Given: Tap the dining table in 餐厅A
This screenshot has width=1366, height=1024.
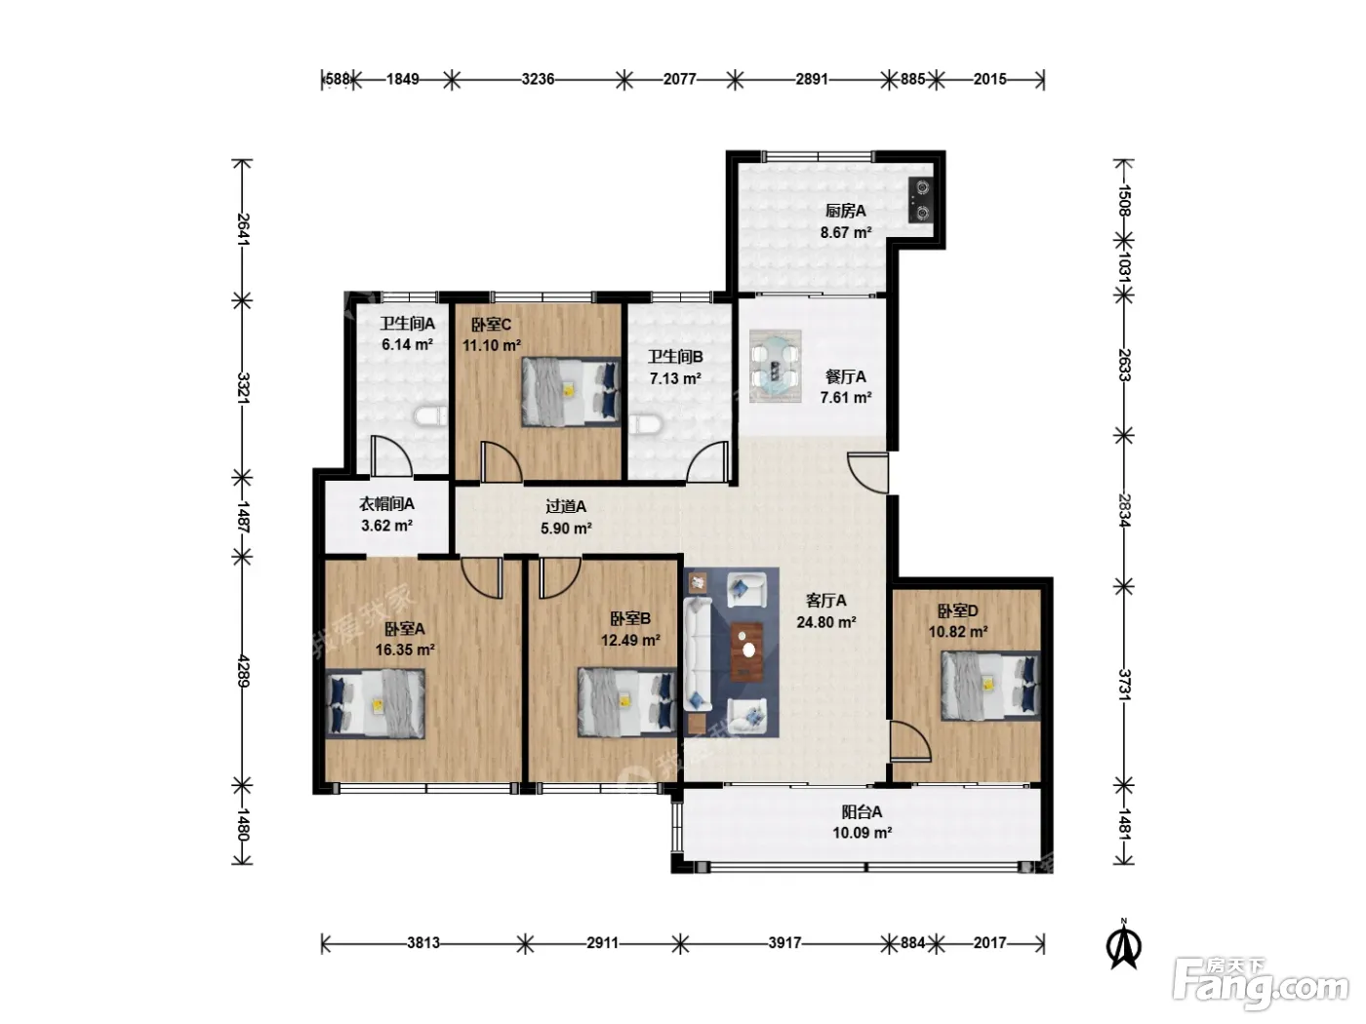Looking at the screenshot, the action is click(775, 367).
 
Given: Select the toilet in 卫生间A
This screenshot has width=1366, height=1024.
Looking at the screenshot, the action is click(430, 416).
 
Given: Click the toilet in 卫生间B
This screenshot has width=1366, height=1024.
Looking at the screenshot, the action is click(645, 424).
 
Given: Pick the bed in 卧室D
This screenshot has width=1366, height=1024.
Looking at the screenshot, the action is click(990, 686).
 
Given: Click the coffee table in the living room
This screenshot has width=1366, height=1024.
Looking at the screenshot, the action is click(746, 651).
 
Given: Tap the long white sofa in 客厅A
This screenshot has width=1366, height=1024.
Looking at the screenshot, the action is click(698, 654).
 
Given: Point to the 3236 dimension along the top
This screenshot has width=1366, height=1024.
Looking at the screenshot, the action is click(538, 80).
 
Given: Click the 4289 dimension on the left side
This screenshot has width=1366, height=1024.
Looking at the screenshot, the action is click(243, 671).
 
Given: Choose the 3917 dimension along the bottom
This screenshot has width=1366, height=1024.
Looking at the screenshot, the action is click(784, 942).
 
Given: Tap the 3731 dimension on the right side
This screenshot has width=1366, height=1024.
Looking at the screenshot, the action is click(1124, 685).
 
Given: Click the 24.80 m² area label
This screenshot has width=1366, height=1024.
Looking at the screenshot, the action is click(825, 622).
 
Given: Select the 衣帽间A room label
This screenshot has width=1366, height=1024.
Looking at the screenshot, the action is click(386, 504).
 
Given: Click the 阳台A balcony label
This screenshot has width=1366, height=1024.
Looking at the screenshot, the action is click(862, 812).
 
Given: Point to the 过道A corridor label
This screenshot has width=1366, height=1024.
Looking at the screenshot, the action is click(566, 507).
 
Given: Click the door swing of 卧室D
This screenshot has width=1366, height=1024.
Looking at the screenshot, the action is click(909, 741).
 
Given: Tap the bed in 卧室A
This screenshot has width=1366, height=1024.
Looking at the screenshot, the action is click(376, 704).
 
